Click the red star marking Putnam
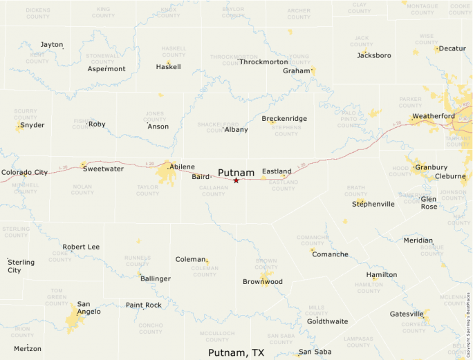pos(236,180)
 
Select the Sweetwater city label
pos(103,169)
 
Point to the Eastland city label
pos(277,171)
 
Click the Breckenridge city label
pos(284,119)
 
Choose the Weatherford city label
pos(434,116)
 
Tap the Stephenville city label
pos(373,204)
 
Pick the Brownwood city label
pos(263,282)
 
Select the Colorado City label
pos(24,173)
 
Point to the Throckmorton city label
pos(263,62)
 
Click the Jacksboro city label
pos(374,55)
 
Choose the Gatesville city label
pos(406,314)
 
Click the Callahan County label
pos(214,190)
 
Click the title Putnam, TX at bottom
pos(236,352)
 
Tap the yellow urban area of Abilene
pos(167,173)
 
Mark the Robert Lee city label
pos(81,247)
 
